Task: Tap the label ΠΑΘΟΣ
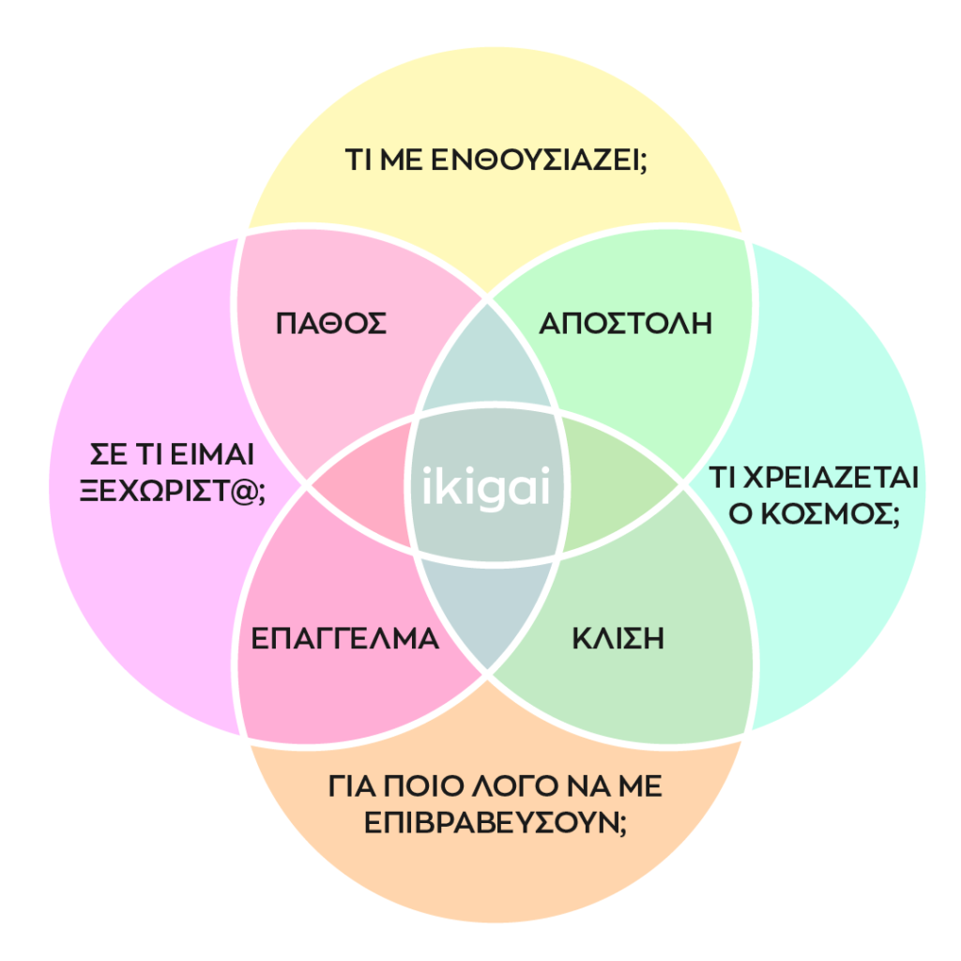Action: [331, 324]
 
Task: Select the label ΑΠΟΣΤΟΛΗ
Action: [625, 324]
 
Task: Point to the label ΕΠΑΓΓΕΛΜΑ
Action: [345, 639]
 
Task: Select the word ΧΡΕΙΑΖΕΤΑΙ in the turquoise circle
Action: [831, 480]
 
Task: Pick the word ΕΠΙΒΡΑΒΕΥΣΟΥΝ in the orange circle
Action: [480, 822]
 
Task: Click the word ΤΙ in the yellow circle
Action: [358, 160]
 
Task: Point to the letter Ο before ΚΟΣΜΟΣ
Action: [741, 515]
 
